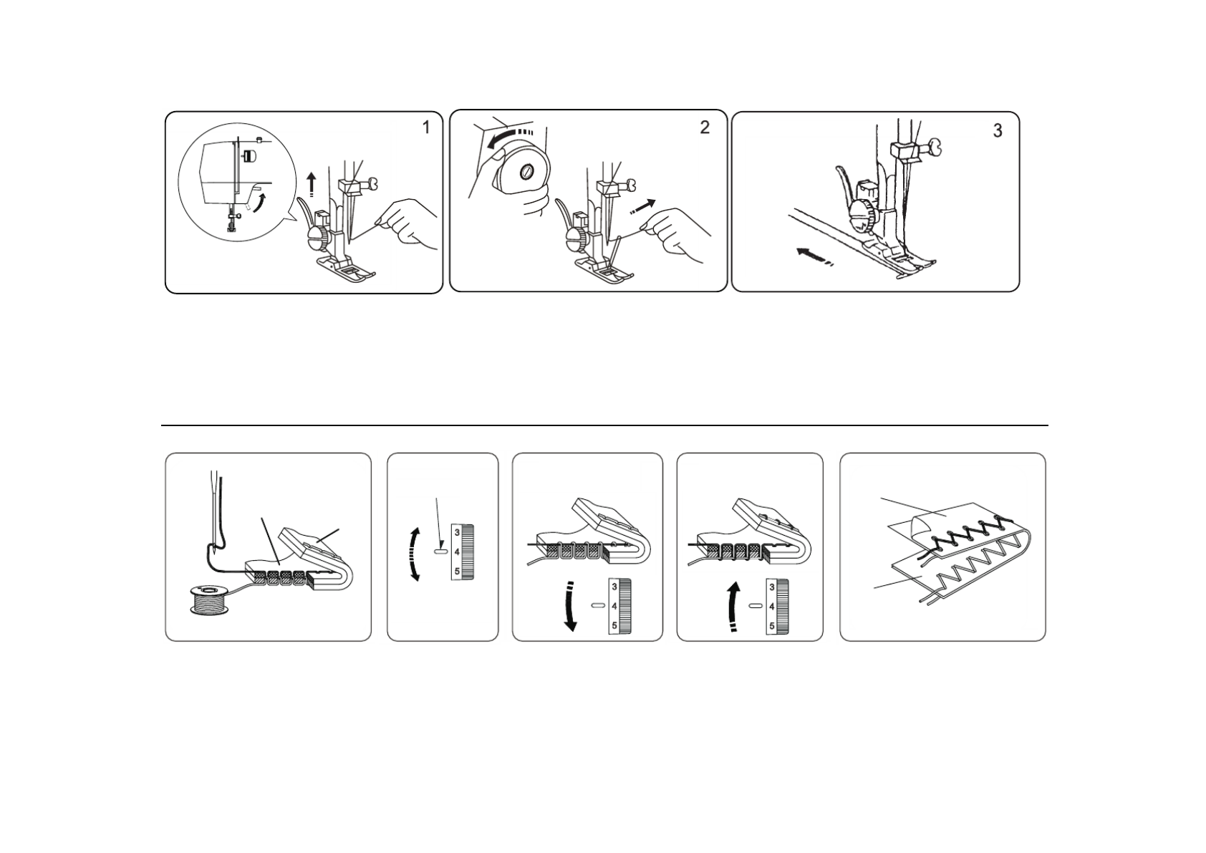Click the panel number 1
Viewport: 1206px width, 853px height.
426,127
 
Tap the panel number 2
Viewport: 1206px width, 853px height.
705,127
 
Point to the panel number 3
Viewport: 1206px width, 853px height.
998,131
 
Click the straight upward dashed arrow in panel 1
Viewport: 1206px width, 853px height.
311,185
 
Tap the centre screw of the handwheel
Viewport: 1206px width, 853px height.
525,173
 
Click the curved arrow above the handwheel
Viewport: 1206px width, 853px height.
508,136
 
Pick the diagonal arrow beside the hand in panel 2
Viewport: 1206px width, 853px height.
643,206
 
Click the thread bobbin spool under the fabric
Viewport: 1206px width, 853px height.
209,602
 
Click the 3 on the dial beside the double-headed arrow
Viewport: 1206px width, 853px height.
457,533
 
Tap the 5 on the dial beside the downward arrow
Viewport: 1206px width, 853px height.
614,626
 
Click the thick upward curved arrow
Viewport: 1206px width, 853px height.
733,606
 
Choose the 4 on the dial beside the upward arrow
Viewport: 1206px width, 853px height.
772,607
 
